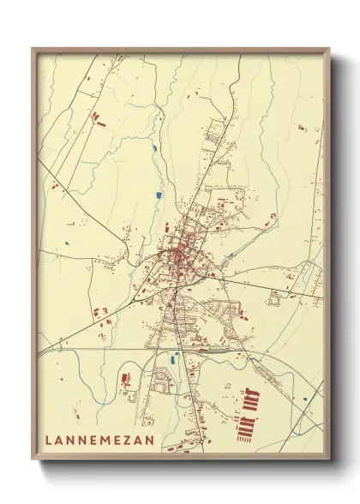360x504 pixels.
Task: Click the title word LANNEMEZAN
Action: [100, 441]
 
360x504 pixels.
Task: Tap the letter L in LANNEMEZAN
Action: [49, 441]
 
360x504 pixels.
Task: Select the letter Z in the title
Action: [128, 441]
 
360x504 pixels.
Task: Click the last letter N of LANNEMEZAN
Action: [152, 441]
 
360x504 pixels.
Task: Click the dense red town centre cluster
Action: [180, 256]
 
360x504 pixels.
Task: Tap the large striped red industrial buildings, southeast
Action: [250, 411]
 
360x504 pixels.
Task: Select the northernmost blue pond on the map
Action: [154, 150]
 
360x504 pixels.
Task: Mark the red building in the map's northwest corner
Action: [96, 116]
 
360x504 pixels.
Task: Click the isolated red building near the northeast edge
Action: [302, 128]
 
